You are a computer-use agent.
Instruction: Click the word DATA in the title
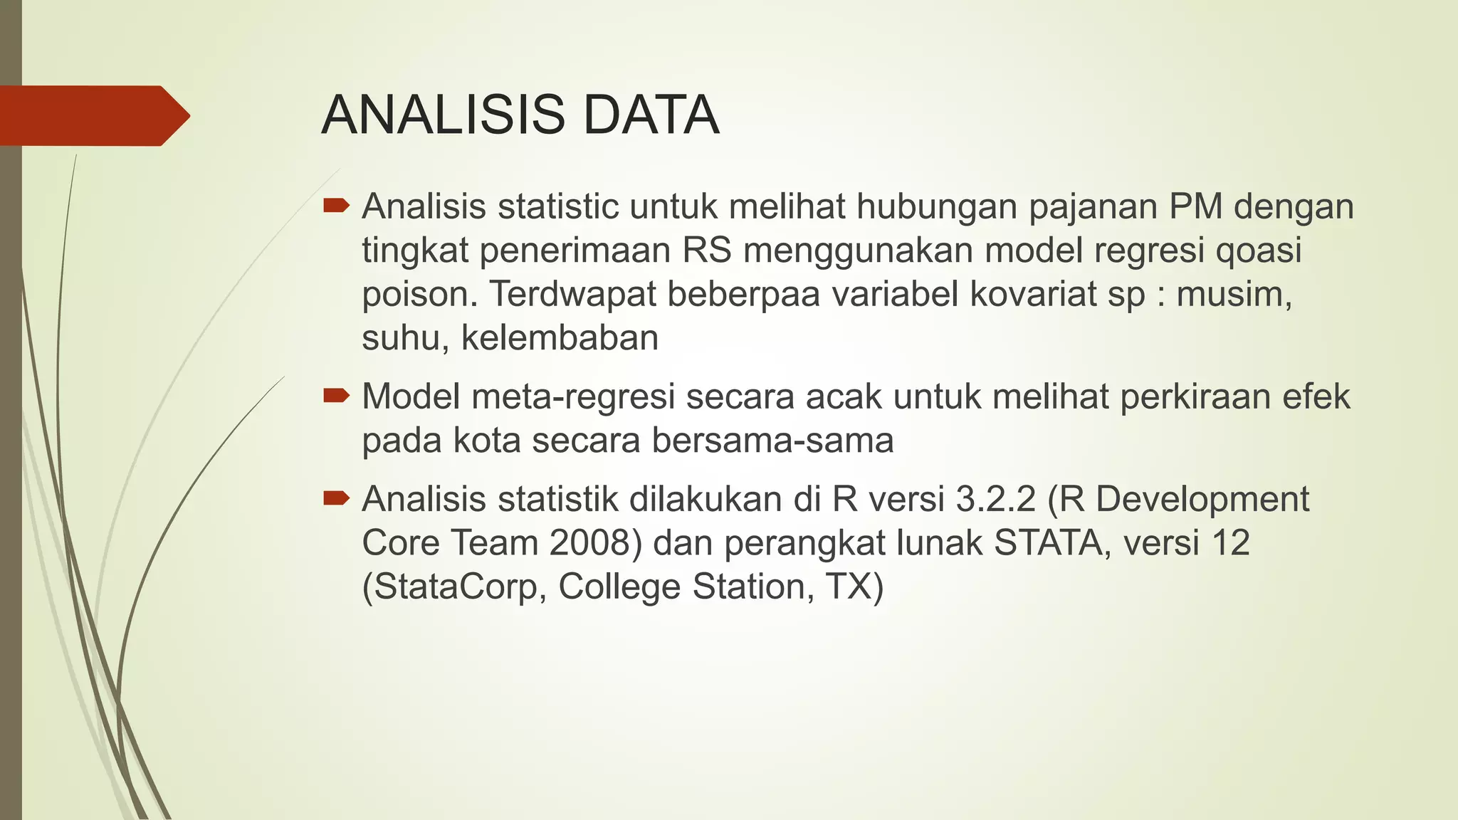click(651, 115)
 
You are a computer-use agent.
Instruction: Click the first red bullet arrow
click(336, 206)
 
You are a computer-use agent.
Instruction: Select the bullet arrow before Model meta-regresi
click(336, 396)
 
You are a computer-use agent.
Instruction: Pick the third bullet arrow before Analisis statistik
click(336, 498)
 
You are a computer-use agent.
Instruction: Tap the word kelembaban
click(560, 337)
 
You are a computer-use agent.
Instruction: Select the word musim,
click(1234, 294)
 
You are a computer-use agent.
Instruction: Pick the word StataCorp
click(454, 587)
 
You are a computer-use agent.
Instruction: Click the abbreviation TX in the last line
click(854, 587)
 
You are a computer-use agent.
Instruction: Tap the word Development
click(1202, 499)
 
